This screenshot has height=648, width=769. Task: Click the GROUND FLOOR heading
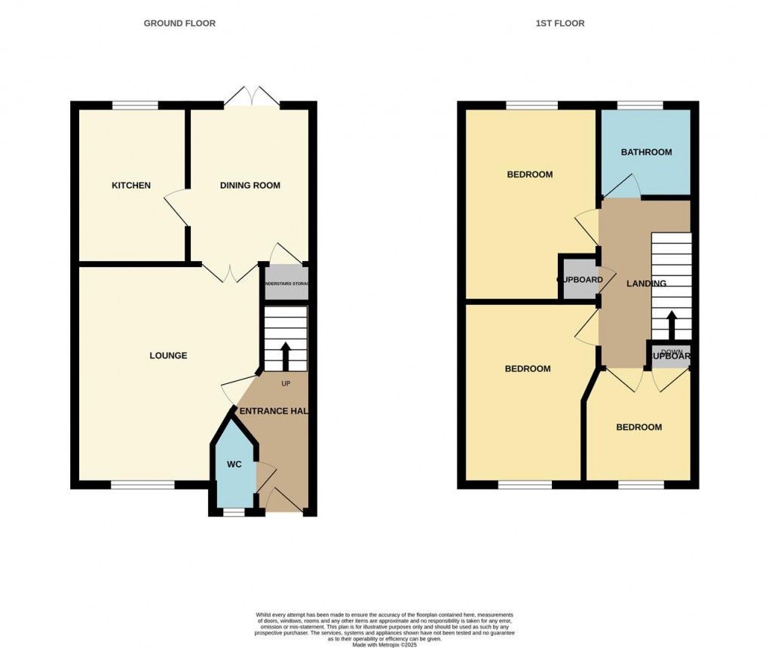tap(179, 23)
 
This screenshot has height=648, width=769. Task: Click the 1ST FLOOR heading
tap(560, 23)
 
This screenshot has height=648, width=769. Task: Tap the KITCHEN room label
tap(131, 186)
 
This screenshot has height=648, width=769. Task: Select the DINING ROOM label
tap(250, 186)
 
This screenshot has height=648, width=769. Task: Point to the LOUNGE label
tap(168, 355)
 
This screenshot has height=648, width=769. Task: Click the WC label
tap(234, 465)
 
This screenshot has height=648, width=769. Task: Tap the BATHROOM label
tap(646, 152)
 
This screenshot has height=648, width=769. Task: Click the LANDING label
tap(646, 284)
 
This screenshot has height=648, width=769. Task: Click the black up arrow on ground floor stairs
tap(286, 357)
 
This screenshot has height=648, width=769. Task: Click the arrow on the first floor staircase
tap(670, 325)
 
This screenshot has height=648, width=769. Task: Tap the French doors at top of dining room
tap(254, 98)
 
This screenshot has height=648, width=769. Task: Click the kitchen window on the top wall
tap(136, 106)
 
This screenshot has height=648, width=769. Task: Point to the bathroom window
tap(641, 106)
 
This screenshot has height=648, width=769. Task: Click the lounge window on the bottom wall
tap(143, 484)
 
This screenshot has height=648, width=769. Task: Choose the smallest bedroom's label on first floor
tap(639, 427)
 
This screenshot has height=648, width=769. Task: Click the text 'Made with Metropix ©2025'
tap(384, 643)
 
